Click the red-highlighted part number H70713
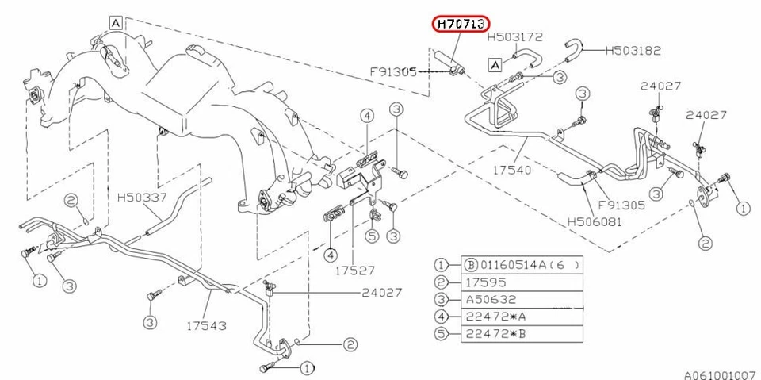tap(461, 25)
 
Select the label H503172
tap(514, 36)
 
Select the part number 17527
tap(354, 270)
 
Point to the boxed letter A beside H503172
tap(495, 63)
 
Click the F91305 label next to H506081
tap(622, 204)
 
